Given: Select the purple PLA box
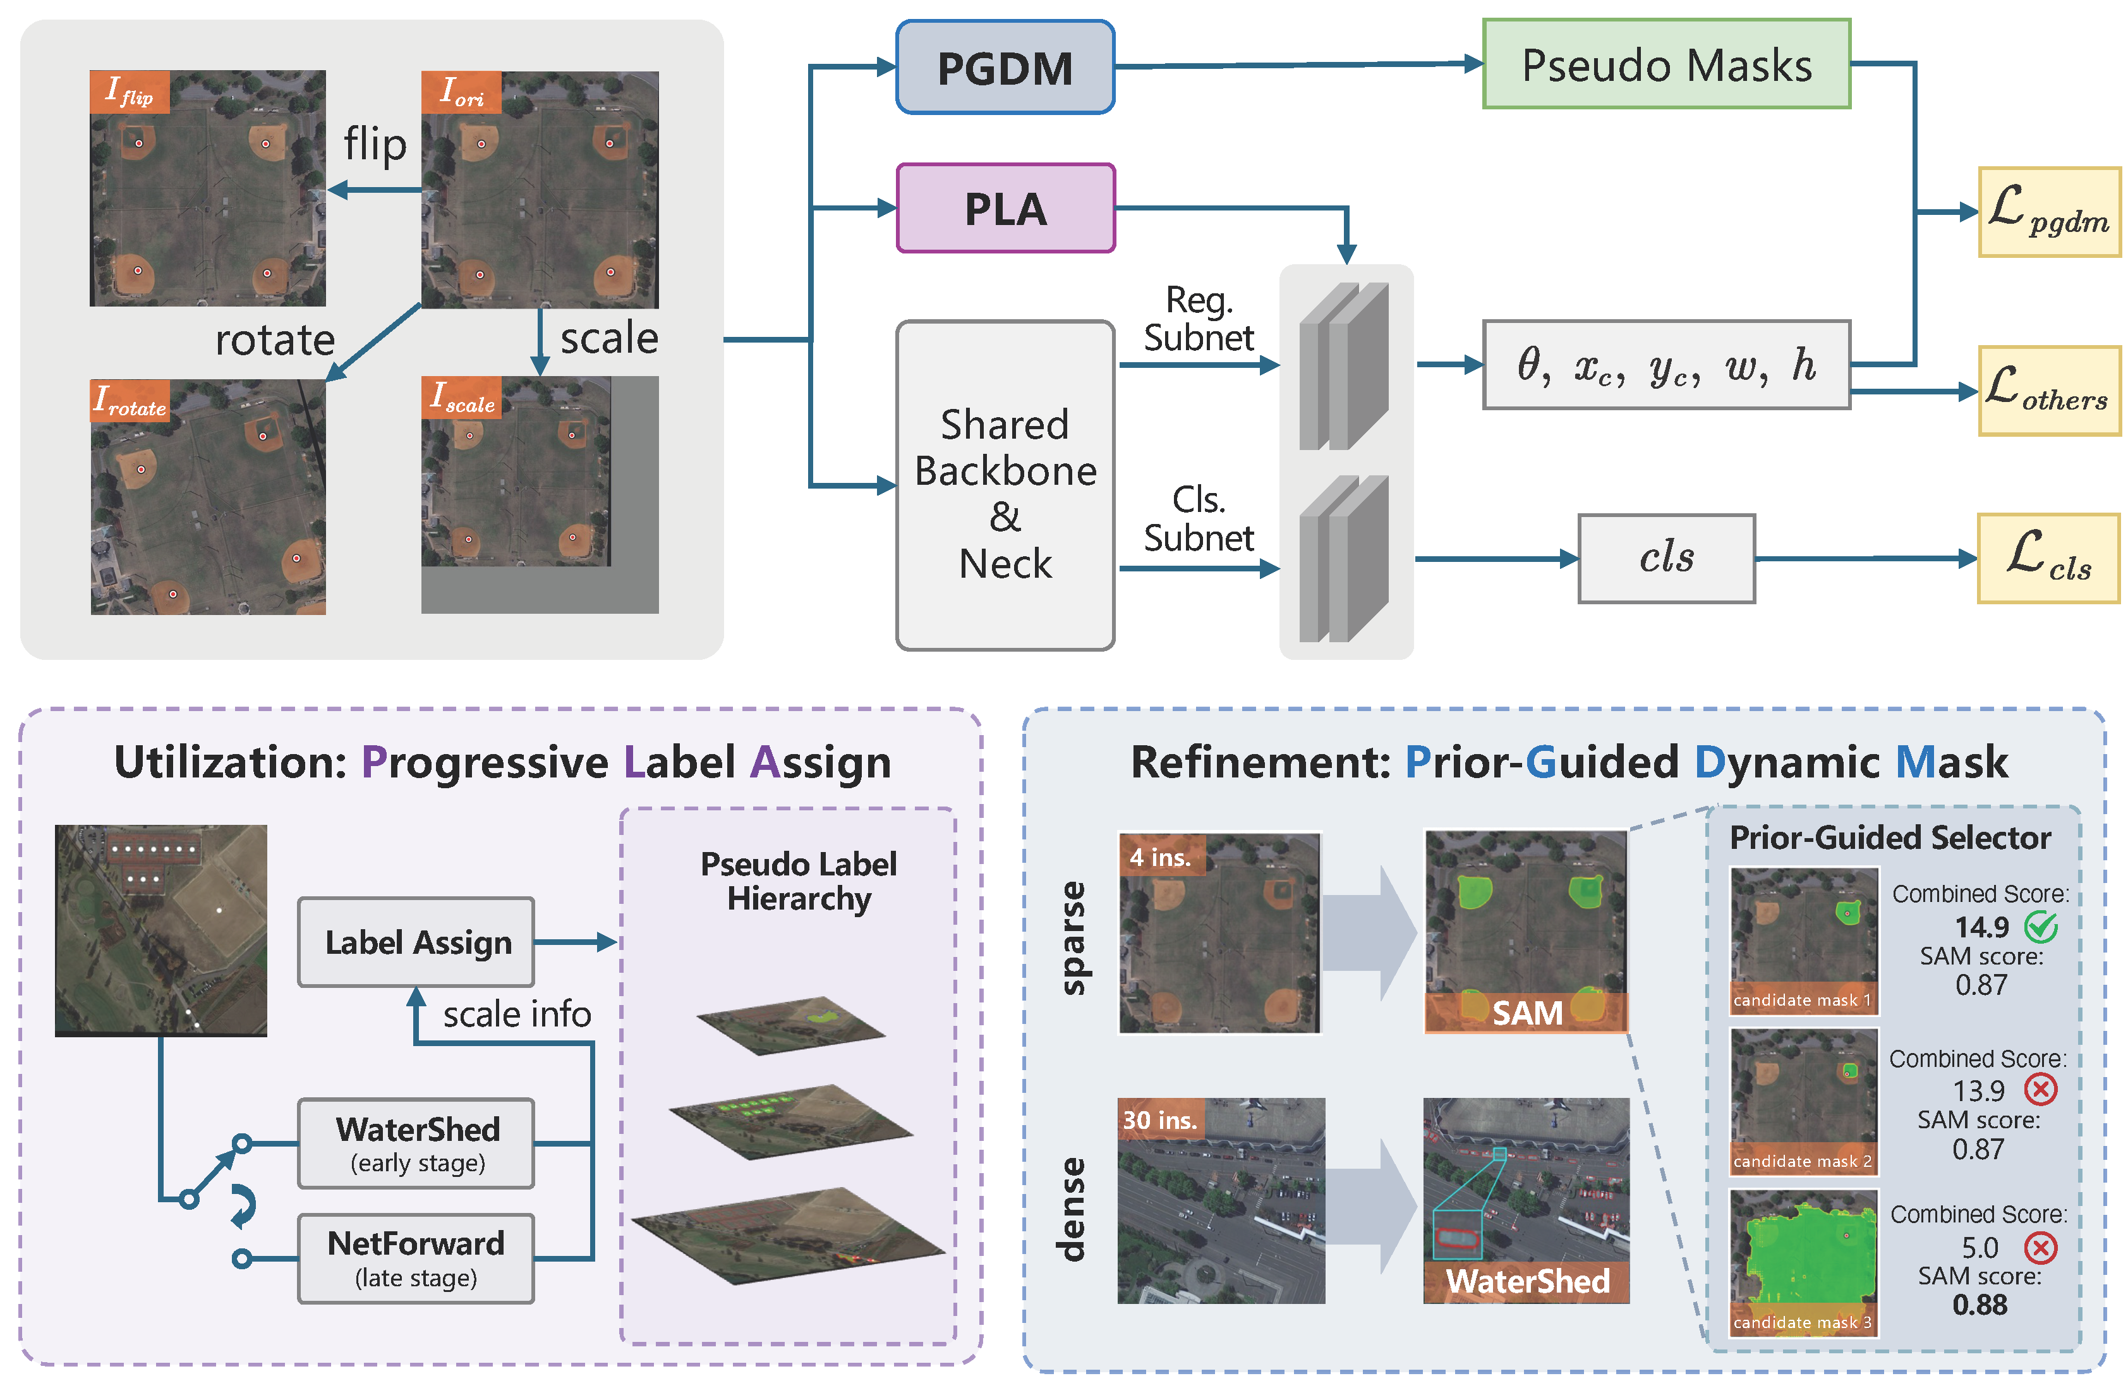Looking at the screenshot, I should point(1005,209).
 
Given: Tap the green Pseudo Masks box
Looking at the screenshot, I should point(1666,64).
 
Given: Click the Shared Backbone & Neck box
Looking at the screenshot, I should point(1005,485).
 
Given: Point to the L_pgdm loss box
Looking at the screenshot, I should point(2048,212).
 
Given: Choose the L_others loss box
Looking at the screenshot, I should point(2048,391).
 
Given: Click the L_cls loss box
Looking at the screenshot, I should point(2048,558).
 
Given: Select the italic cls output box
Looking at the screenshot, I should point(1666,558).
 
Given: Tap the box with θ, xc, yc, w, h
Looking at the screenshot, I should point(1666,365).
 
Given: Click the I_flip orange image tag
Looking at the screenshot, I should point(130,91).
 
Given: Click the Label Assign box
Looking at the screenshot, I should point(416,942).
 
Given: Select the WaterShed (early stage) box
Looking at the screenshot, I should point(416,1143).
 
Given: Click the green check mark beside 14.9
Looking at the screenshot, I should point(2040,927).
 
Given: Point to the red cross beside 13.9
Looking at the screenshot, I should point(2040,1089).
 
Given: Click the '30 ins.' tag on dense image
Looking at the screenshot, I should point(1159,1119).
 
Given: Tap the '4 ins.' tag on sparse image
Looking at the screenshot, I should point(1161,856).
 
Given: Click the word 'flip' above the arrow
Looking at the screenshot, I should point(375,145).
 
